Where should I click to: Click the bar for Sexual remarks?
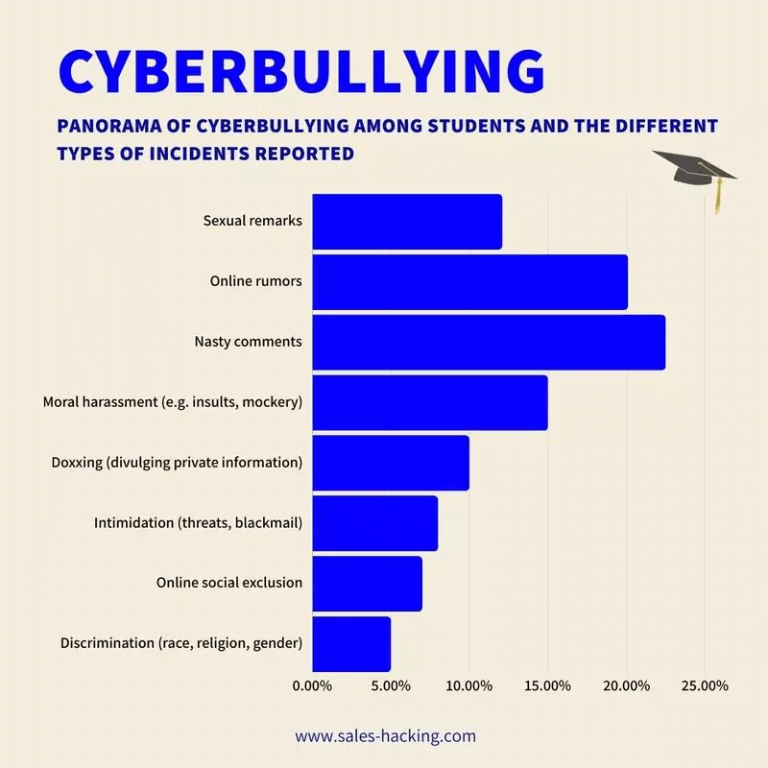pos(407,222)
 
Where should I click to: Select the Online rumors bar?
pos(469,282)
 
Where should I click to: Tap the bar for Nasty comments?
pos(489,342)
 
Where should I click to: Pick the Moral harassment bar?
pos(430,402)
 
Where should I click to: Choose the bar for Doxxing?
pos(391,463)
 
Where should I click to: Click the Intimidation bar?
pos(374,523)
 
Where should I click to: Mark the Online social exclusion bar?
pos(367,583)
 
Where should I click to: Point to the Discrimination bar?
pos(351,643)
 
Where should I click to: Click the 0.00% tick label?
pos(311,685)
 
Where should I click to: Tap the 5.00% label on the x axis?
pos(391,685)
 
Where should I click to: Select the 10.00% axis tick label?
pos(469,685)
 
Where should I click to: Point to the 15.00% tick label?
pos(548,685)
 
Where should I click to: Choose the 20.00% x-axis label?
pos(627,685)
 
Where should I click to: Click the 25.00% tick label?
pos(705,685)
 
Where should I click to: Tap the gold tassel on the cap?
pos(716,198)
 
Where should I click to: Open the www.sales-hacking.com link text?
pos(385,736)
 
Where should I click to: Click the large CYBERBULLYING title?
pos(300,70)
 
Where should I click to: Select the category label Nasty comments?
pos(248,342)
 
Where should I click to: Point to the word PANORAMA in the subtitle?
pos(108,127)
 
